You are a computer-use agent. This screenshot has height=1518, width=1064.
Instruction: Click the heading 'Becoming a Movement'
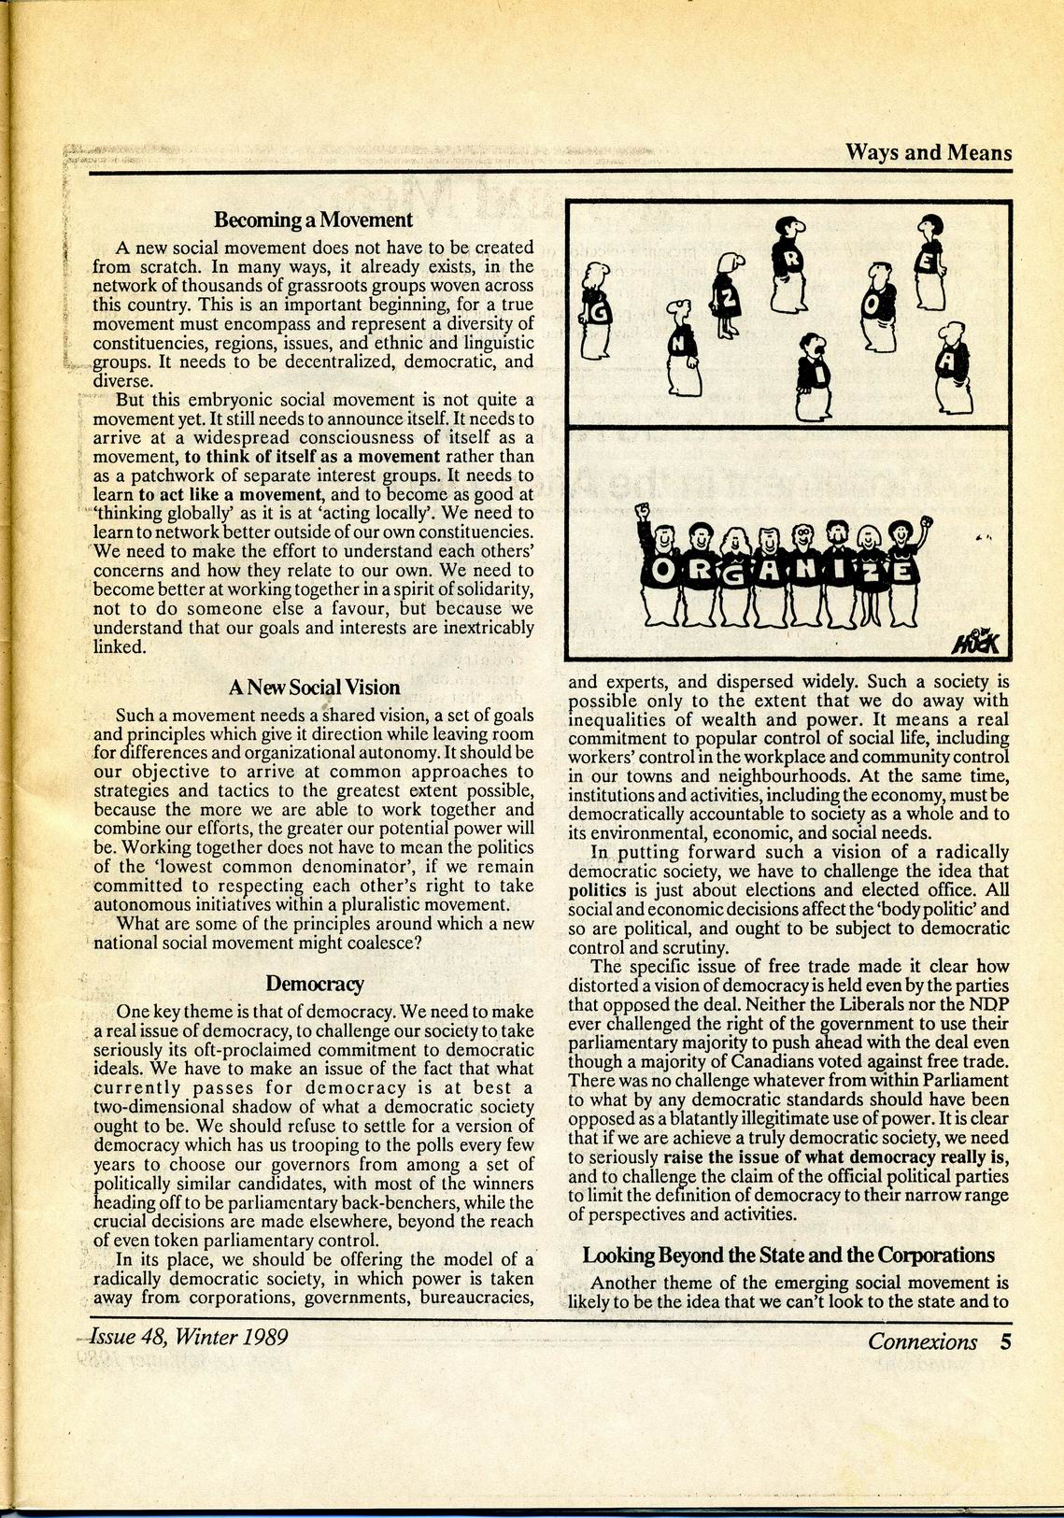pyautogui.click(x=313, y=220)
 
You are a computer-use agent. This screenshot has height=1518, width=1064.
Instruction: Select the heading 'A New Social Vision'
pyautogui.click(x=314, y=688)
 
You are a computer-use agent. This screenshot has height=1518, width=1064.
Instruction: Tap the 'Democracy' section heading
pyautogui.click(x=314, y=983)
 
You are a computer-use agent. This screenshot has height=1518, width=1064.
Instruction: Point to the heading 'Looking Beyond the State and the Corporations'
pyautogui.click(x=788, y=1255)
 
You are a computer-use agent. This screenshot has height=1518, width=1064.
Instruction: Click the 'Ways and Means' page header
pyautogui.click(x=928, y=152)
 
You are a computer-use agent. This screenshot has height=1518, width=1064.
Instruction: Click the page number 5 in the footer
pyautogui.click(x=1005, y=1342)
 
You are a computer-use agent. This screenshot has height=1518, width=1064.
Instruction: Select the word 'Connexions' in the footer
pyautogui.click(x=922, y=1342)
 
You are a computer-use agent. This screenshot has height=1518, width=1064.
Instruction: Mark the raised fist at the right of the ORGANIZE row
pyautogui.click(x=926, y=521)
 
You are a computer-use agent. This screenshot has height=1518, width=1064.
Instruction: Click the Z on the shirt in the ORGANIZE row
pyautogui.click(x=870, y=572)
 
